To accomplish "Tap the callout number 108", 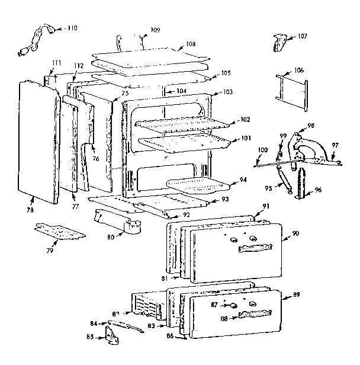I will (x=191, y=44).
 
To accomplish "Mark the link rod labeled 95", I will (x=283, y=179).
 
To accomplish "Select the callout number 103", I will (x=227, y=92).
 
